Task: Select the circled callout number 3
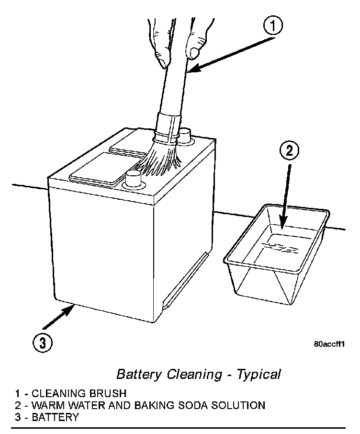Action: [x=43, y=343]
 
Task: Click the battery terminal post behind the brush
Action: [x=184, y=136]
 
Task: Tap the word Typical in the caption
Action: [x=260, y=374]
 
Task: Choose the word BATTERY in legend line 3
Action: [x=55, y=417]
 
